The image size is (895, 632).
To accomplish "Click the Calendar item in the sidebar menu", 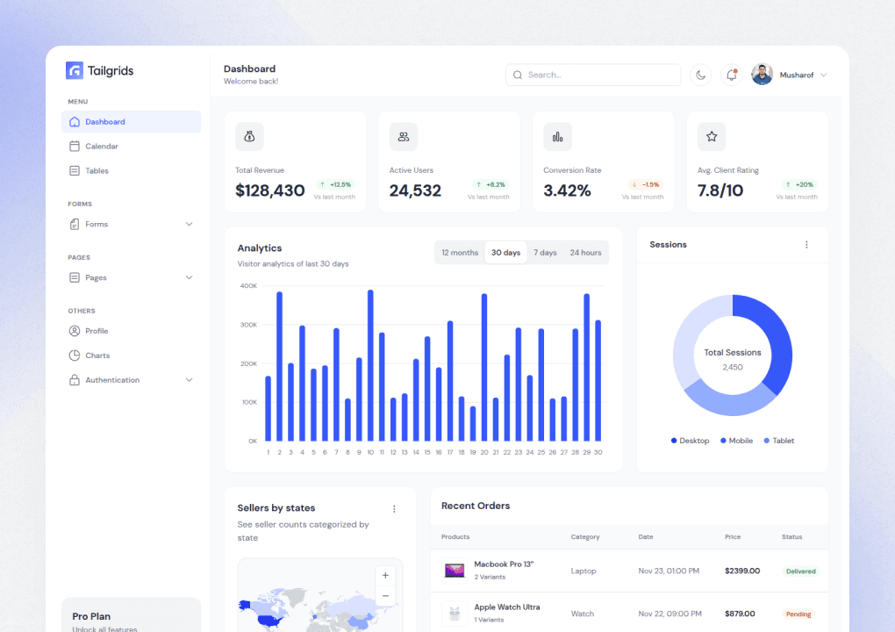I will pos(101,147).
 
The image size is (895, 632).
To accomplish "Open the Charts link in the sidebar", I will pos(97,355).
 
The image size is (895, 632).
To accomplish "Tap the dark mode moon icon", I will pos(700,75).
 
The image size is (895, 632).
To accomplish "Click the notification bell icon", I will pos(731,75).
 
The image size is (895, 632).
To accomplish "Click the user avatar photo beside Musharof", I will pos(762,75).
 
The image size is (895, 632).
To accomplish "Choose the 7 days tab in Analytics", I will pos(545,253).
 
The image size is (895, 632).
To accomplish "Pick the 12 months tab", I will pos(460,253).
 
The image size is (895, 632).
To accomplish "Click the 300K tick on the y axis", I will pos(248,325).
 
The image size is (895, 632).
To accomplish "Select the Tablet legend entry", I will pos(778,441).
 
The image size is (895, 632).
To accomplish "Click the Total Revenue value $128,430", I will pos(270,190).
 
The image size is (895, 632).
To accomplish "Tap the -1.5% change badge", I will pos(646,184).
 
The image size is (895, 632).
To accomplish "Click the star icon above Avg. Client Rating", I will pos(712,137).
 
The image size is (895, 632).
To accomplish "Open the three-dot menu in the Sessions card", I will pos(806,245).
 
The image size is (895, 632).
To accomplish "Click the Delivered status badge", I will pos(800,571).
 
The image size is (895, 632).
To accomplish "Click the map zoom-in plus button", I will pos(385,576).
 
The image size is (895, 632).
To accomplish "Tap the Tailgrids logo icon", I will pos(75,71).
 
